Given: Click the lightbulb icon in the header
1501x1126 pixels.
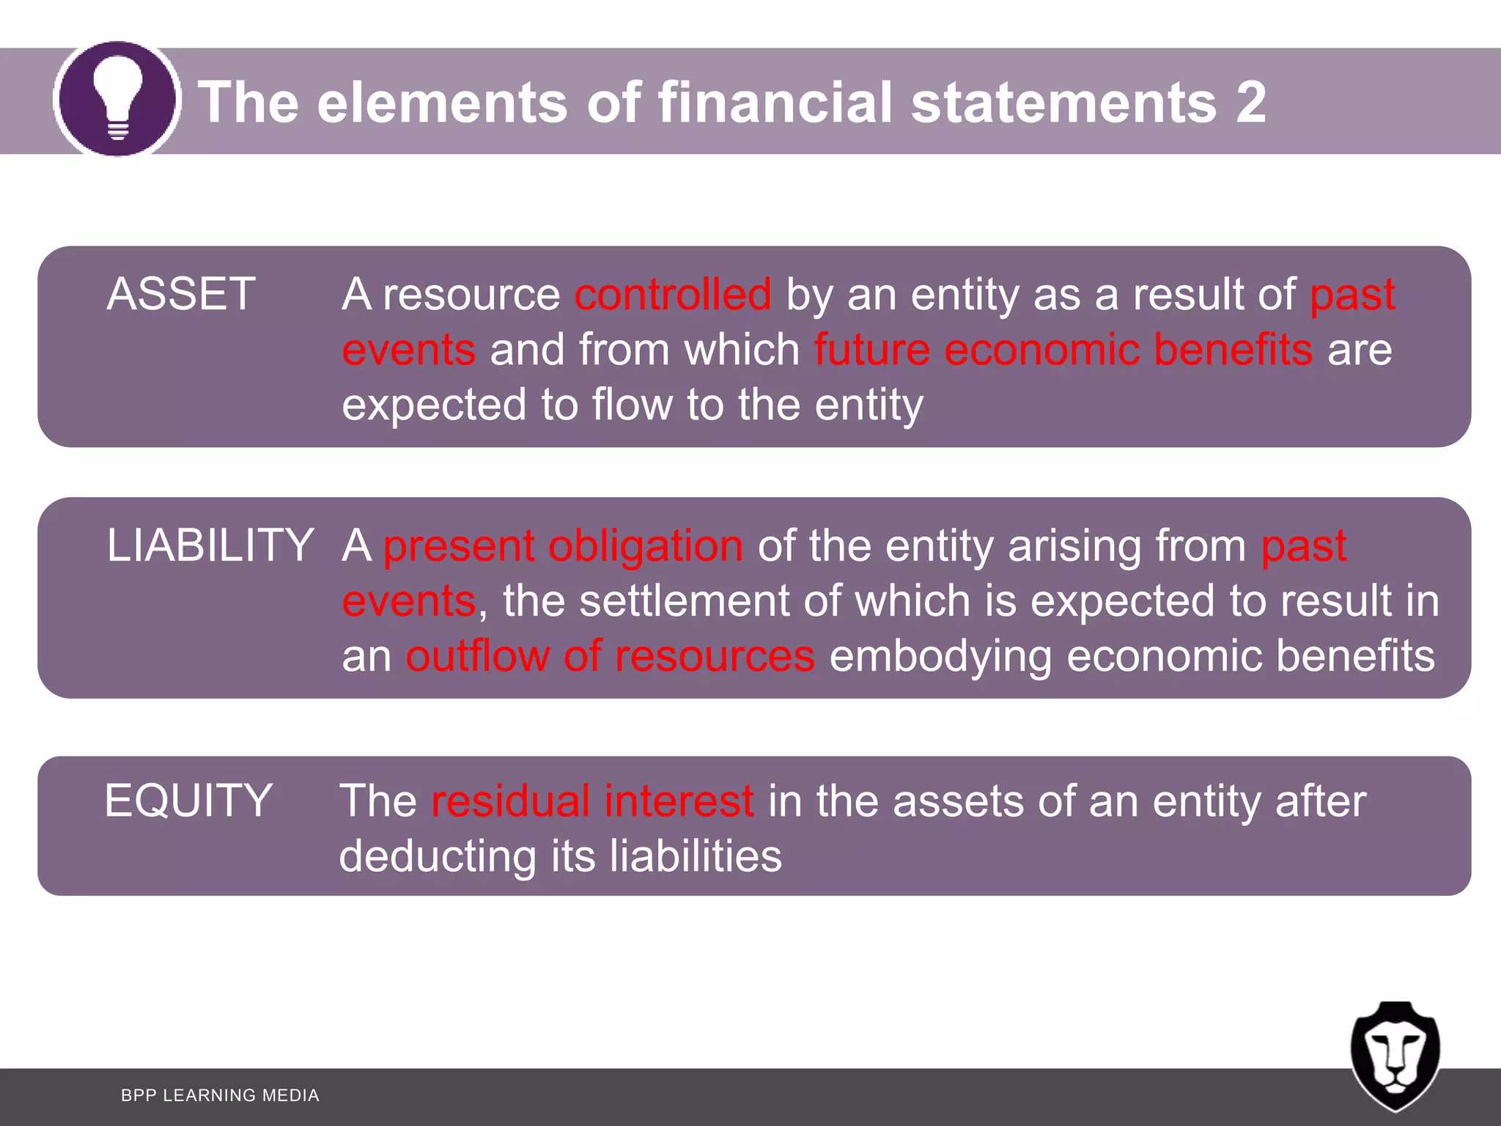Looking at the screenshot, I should click(x=117, y=99).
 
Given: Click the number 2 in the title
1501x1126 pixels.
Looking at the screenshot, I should click(x=1250, y=102).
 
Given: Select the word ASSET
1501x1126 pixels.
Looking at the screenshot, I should click(x=181, y=294).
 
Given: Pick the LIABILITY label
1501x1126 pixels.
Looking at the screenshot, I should click(x=210, y=545).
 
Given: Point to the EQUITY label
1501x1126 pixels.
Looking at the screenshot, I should click(x=188, y=800).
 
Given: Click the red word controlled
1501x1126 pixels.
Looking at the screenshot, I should click(x=673, y=294).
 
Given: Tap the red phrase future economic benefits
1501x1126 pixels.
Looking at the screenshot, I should click(x=1063, y=349).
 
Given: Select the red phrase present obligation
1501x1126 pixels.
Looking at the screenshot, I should click(x=563, y=546).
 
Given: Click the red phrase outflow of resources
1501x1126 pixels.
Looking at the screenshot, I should click(x=611, y=655).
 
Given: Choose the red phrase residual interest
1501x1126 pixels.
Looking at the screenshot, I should click(x=592, y=801).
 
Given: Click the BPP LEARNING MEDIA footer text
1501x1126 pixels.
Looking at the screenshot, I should click(x=220, y=1095).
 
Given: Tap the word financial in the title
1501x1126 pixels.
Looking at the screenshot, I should click(x=775, y=102).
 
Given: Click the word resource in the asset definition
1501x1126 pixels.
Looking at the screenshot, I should click(x=471, y=295).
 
